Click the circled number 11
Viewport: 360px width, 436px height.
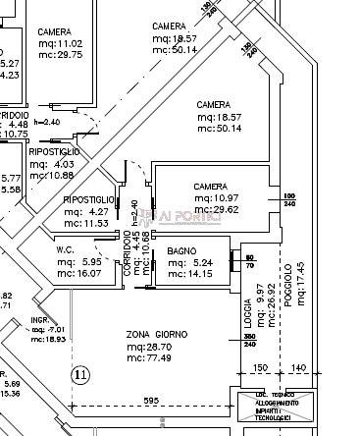tap(80, 374)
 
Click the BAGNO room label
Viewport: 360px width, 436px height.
tap(181, 252)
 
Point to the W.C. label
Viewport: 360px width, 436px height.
tap(66, 249)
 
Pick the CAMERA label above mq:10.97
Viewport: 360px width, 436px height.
tap(210, 186)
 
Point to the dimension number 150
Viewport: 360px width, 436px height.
tap(261, 368)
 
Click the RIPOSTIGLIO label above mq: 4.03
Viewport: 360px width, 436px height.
tap(55, 151)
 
